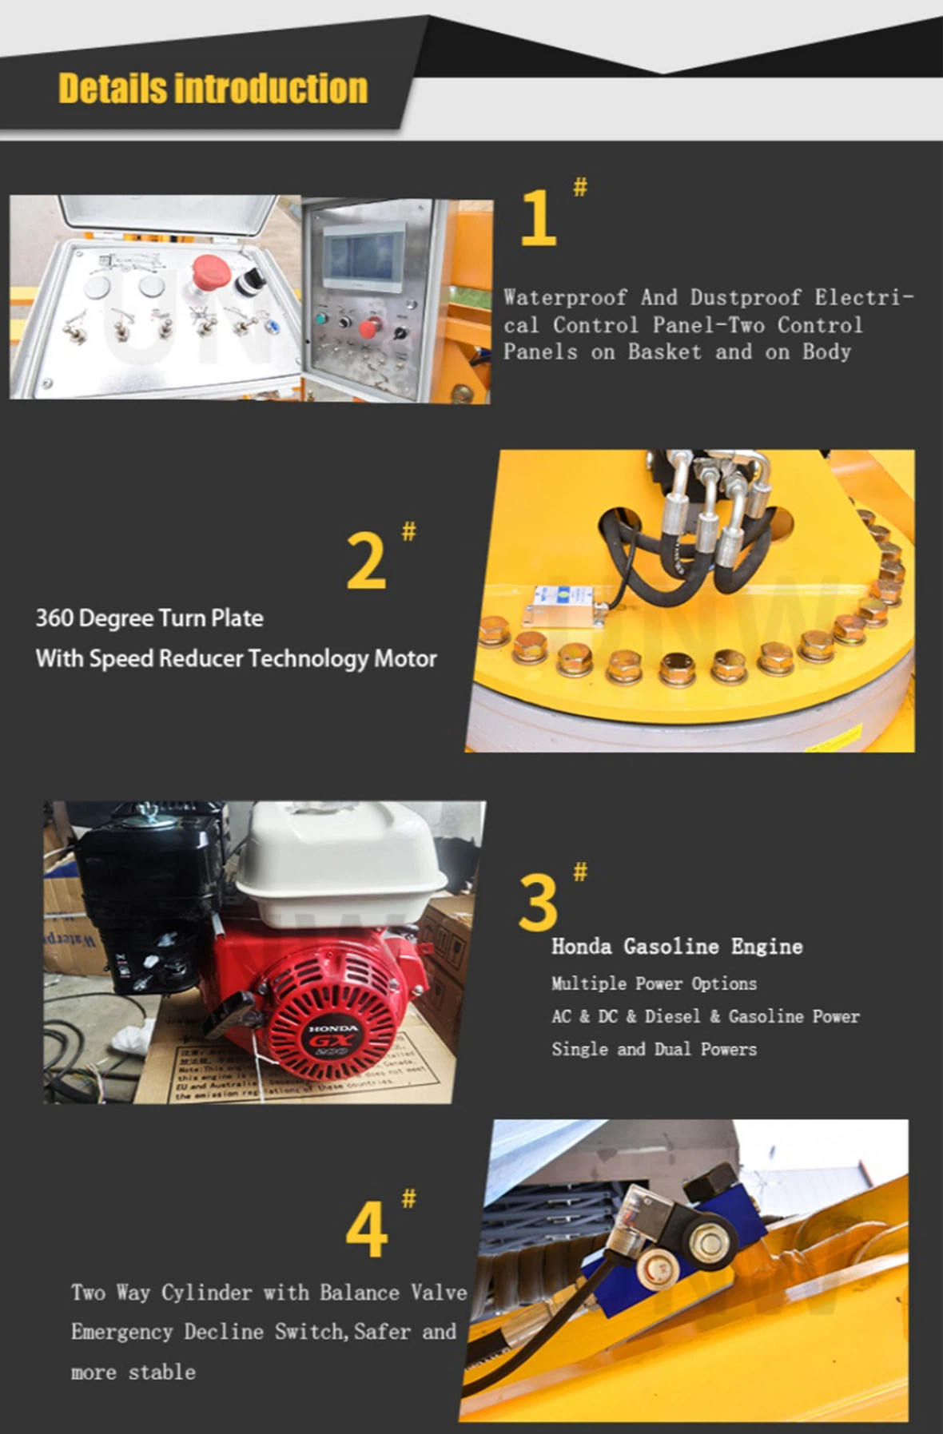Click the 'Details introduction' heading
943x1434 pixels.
tap(213, 89)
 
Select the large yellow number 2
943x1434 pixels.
tap(366, 562)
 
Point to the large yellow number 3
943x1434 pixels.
tap(537, 903)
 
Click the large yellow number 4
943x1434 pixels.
tap(366, 1230)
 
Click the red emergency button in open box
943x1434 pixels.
tap(210, 272)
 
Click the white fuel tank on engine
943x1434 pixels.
tap(340, 855)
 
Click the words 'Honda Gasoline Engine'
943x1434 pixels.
tap(676, 947)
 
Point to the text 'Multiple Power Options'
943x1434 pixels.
tap(653, 983)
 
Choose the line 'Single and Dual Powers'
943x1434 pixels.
tap(653, 1049)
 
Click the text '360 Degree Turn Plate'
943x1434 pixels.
tap(149, 618)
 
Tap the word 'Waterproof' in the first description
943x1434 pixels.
tap(564, 298)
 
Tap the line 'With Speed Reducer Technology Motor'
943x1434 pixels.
tap(236, 659)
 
